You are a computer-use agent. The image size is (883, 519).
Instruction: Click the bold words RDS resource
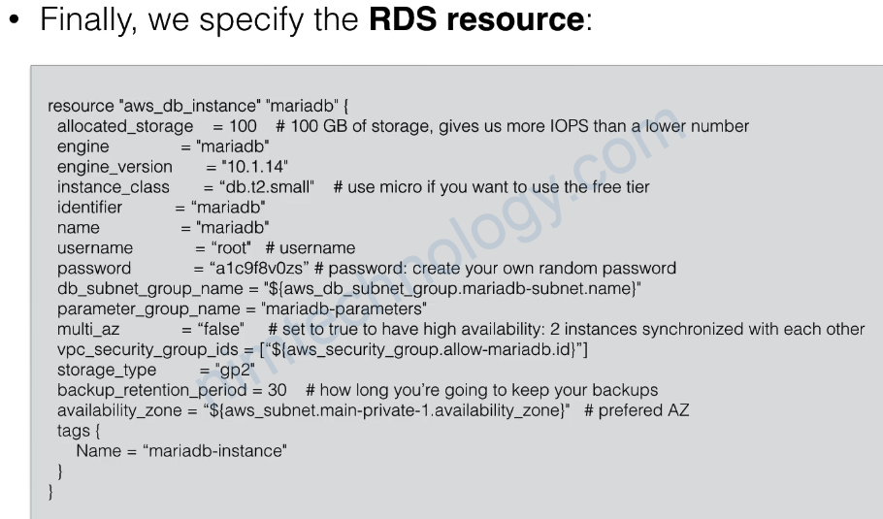(x=476, y=19)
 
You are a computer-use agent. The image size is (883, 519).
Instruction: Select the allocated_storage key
(x=125, y=127)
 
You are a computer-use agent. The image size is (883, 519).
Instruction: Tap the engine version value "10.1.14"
(x=254, y=167)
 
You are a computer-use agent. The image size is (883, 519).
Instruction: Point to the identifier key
(x=89, y=208)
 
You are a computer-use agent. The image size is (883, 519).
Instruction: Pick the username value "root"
(x=231, y=247)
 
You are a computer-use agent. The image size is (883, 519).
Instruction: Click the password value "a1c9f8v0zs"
(x=259, y=268)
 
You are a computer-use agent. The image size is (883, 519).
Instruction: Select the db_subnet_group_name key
(x=149, y=289)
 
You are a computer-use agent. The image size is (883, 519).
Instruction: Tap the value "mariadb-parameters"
(x=344, y=309)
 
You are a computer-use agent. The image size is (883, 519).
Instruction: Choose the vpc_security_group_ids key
(x=147, y=350)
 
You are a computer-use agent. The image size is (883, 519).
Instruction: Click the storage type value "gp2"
(x=235, y=370)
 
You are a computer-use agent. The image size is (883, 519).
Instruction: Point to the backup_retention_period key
(x=152, y=390)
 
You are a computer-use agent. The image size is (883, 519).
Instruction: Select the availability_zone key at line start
(x=119, y=410)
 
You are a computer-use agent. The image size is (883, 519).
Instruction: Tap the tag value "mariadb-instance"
(x=215, y=451)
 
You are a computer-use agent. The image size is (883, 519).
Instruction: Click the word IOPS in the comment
(x=570, y=126)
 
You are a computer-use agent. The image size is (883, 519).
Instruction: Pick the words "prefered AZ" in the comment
(x=643, y=410)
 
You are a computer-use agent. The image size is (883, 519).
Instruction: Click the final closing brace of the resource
(x=50, y=492)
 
